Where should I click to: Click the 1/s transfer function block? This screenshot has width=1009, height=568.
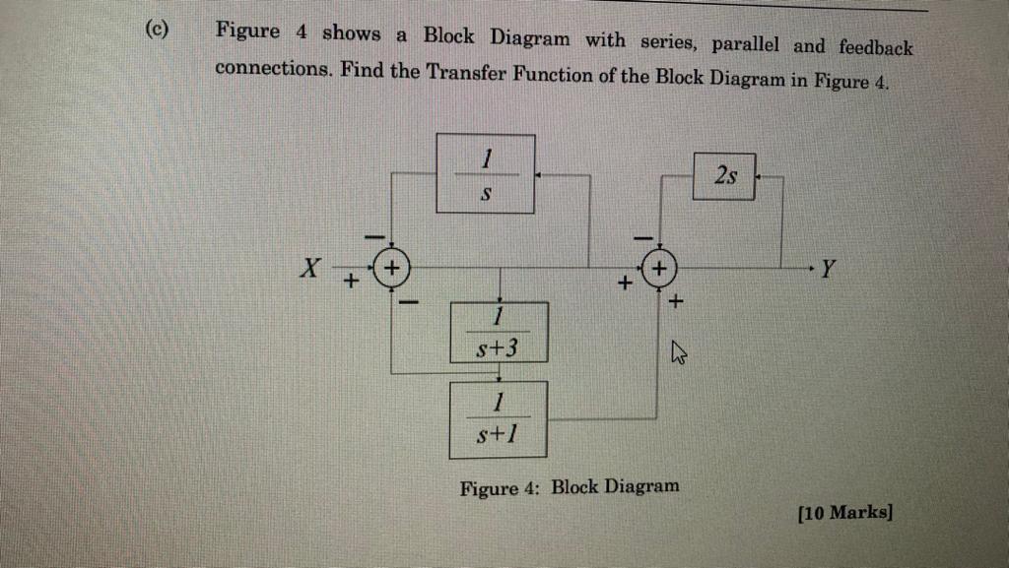(486, 173)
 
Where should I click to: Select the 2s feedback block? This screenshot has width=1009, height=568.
(724, 176)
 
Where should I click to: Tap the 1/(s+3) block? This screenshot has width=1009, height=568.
(500, 333)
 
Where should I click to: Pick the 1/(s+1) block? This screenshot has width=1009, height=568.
(499, 419)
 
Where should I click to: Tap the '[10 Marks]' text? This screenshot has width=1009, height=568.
(844, 513)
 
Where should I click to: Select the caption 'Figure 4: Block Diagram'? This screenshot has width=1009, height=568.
(569, 486)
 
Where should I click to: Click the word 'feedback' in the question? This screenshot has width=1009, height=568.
(876, 46)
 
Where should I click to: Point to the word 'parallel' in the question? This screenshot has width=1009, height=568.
(745, 44)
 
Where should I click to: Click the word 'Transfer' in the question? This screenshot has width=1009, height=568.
(468, 74)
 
